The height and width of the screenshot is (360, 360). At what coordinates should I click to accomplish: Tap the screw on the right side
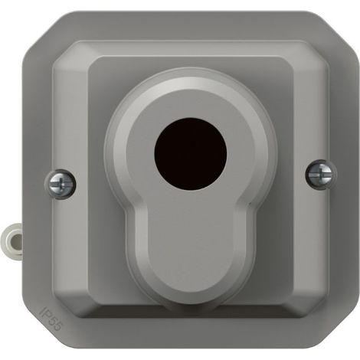tap(321, 174)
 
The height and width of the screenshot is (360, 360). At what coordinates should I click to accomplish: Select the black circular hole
tap(191, 154)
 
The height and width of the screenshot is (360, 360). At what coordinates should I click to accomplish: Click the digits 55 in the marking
tap(55, 323)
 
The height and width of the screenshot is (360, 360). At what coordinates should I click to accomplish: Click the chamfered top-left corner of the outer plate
tap(41, 29)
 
